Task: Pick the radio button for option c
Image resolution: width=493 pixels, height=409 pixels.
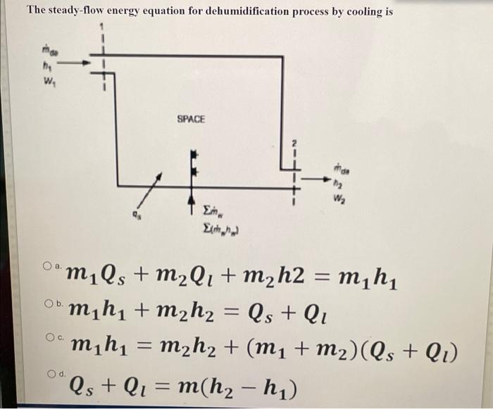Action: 46,337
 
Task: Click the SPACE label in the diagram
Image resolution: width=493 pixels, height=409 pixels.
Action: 191,120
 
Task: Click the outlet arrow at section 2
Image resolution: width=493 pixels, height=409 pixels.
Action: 314,181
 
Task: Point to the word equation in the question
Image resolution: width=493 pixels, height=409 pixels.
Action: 154,12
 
